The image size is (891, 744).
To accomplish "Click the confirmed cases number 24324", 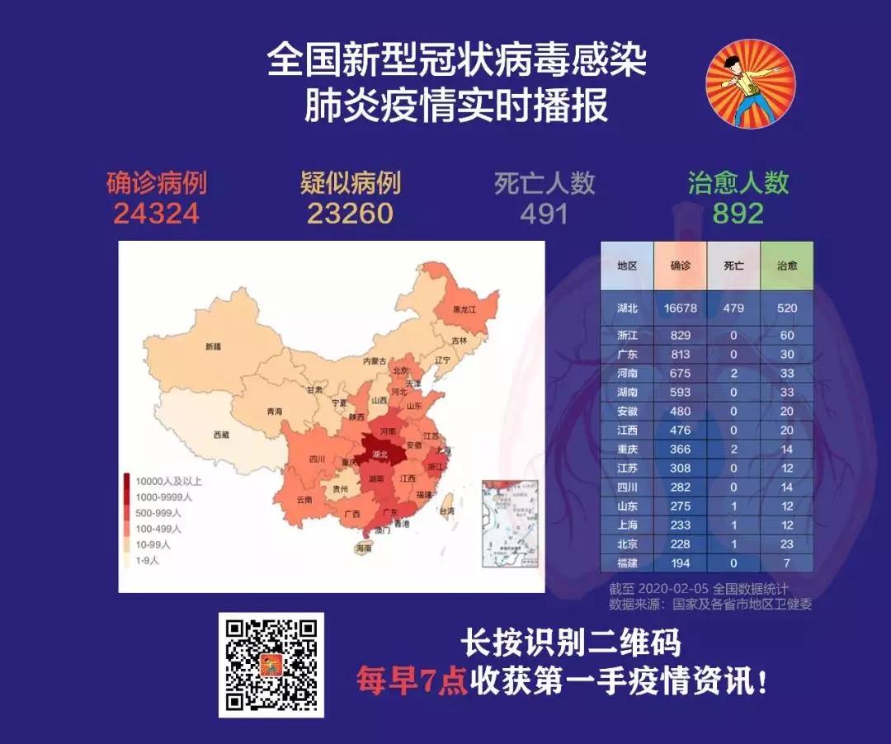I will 157,214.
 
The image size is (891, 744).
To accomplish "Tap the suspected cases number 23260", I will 351,214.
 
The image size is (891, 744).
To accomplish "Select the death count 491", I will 544,214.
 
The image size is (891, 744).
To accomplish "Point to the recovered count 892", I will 738,214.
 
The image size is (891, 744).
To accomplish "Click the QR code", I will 271,665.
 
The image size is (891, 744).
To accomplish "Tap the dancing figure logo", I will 750,83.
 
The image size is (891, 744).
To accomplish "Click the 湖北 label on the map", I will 380,454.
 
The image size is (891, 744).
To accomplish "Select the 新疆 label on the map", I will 213,347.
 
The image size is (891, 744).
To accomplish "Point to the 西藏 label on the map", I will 220,434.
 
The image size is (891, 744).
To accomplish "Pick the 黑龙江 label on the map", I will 464,309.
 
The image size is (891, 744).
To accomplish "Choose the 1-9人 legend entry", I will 148,560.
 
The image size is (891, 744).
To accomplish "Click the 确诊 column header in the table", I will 681,266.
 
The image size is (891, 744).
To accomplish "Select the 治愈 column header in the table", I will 787,266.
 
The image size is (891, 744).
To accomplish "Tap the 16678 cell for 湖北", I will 681,308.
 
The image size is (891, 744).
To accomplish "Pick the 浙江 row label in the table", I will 627,335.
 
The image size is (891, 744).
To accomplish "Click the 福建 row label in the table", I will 627,563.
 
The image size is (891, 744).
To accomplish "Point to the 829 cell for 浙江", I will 681,335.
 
